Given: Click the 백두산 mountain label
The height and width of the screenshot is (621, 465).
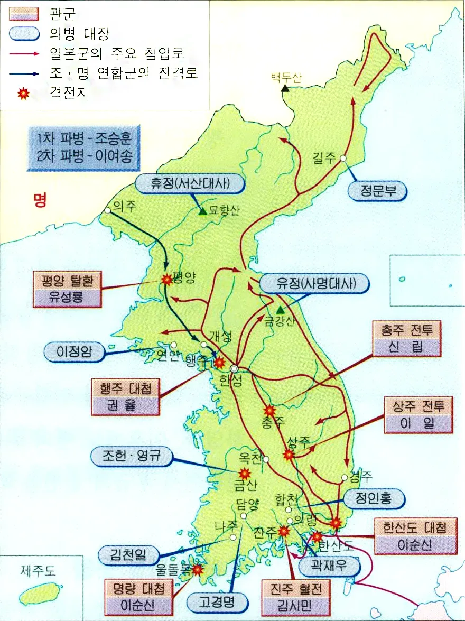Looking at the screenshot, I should tap(286, 77).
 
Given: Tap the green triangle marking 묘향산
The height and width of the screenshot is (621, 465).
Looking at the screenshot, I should tap(202, 211).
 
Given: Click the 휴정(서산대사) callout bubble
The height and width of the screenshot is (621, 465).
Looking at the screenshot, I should tap(191, 184).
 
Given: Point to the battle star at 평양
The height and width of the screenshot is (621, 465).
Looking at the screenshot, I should tap(167, 280).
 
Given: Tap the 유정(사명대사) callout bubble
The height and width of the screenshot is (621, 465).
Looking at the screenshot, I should tap(315, 284).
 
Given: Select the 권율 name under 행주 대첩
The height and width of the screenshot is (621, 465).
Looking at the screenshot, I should tap(125, 406).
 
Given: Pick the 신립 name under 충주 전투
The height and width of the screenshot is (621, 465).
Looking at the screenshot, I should tap(406, 347).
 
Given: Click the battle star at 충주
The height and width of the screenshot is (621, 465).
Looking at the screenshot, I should tap(270, 410).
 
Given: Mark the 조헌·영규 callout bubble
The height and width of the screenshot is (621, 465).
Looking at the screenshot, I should tap(132, 456).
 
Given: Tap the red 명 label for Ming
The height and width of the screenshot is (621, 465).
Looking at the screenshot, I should tap(40, 200).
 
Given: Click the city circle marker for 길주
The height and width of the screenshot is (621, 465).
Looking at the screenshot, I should tap(343, 158).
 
